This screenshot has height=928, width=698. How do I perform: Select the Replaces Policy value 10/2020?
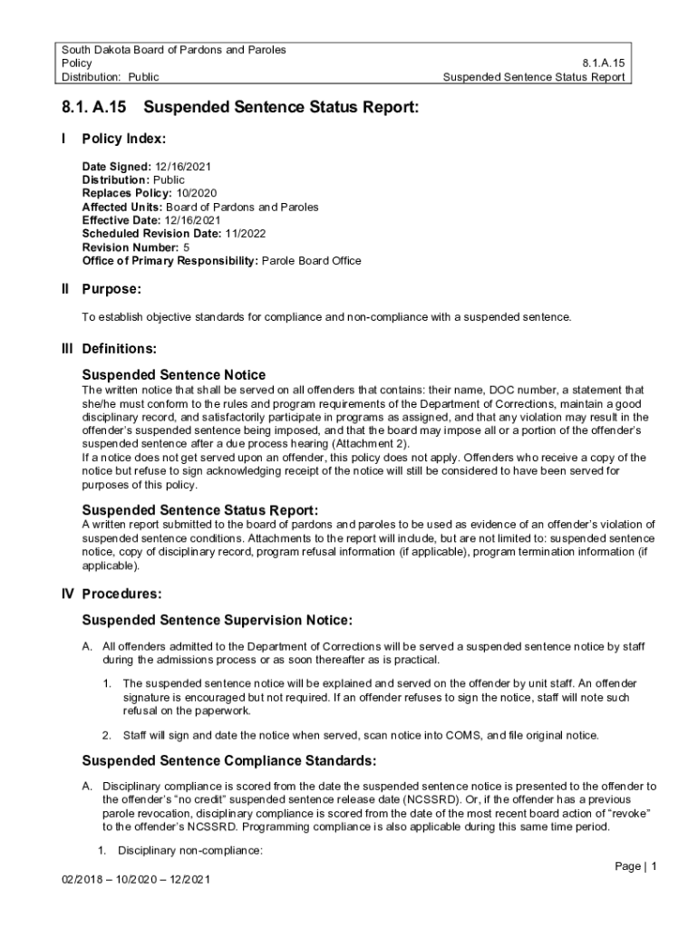click(x=195, y=193)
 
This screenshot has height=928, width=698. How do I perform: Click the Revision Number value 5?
click(x=187, y=247)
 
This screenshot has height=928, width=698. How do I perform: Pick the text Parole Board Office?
click(x=311, y=261)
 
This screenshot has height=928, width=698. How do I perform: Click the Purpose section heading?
click(x=111, y=289)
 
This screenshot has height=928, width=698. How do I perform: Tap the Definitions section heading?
click(x=119, y=348)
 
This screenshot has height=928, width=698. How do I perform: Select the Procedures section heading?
click(x=121, y=594)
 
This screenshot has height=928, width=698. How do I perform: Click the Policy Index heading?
click(x=123, y=140)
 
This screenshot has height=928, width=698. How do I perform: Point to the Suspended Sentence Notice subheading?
click(x=174, y=374)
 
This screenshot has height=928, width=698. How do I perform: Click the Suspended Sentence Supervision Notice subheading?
click(x=217, y=620)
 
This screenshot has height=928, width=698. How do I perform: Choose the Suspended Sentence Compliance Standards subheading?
click(x=228, y=759)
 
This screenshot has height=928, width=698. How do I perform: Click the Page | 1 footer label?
click(x=635, y=866)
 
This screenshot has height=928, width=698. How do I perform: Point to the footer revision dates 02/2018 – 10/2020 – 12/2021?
click(x=131, y=880)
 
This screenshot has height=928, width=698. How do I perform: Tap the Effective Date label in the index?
click(x=121, y=220)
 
